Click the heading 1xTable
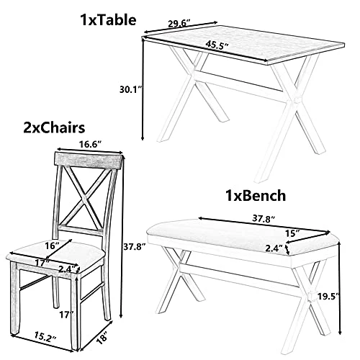click(108, 19)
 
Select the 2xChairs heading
click(54, 127)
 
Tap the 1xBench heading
click(256, 195)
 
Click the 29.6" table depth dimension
click(179, 24)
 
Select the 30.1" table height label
click(131, 89)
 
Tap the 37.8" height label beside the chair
click(134, 246)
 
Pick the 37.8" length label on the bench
click(264, 218)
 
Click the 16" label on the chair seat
click(53, 246)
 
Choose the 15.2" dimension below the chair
click(45, 336)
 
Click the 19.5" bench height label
click(328, 295)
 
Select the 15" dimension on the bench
click(292, 233)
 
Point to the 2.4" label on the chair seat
click(68, 268)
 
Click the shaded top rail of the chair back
click(88, 161)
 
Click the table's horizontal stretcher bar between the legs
click(240, 81)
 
